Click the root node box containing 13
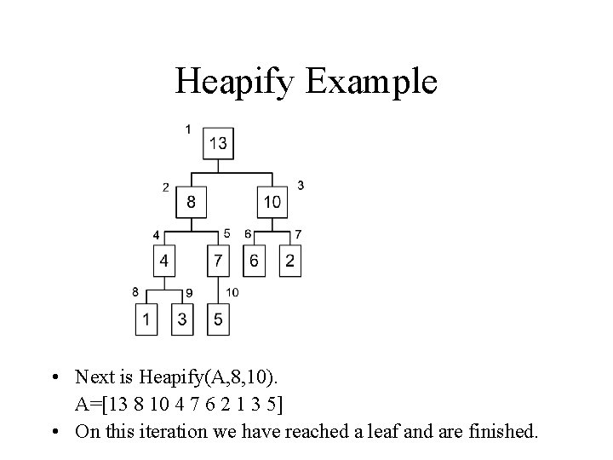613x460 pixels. coord(218,143)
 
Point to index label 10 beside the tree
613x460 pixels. coord(232,292)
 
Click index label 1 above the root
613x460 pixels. coord(187,129)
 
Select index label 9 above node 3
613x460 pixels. coord(189,293)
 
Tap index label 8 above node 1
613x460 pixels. coord(135,291)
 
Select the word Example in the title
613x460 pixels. coord(368,82)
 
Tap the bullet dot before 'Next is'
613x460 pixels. coord(55,377)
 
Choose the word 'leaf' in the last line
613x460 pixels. coord(410,431)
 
